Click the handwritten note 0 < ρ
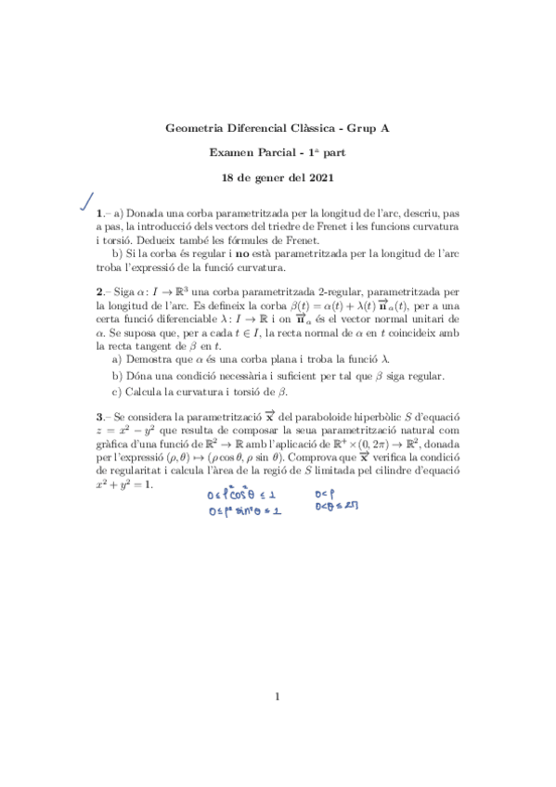pos(325,494)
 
